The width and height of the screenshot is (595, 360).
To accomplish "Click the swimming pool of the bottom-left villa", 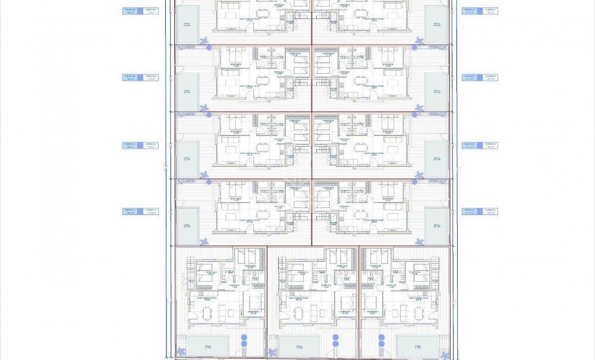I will [x=208, y=346].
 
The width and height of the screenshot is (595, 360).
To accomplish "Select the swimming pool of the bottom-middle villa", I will [x=300, y=346].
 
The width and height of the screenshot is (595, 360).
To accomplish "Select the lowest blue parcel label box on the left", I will [x=140, y=211].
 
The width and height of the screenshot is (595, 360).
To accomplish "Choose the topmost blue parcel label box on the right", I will [x=480, y=11].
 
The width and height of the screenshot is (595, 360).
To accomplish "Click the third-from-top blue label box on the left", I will [x=140, y=145].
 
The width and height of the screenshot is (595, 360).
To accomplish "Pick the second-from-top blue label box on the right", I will [x=480, y=77].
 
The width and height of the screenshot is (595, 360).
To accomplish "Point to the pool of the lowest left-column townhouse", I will [x=187, y=225].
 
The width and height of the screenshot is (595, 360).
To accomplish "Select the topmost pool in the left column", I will [x=187, y=24].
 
